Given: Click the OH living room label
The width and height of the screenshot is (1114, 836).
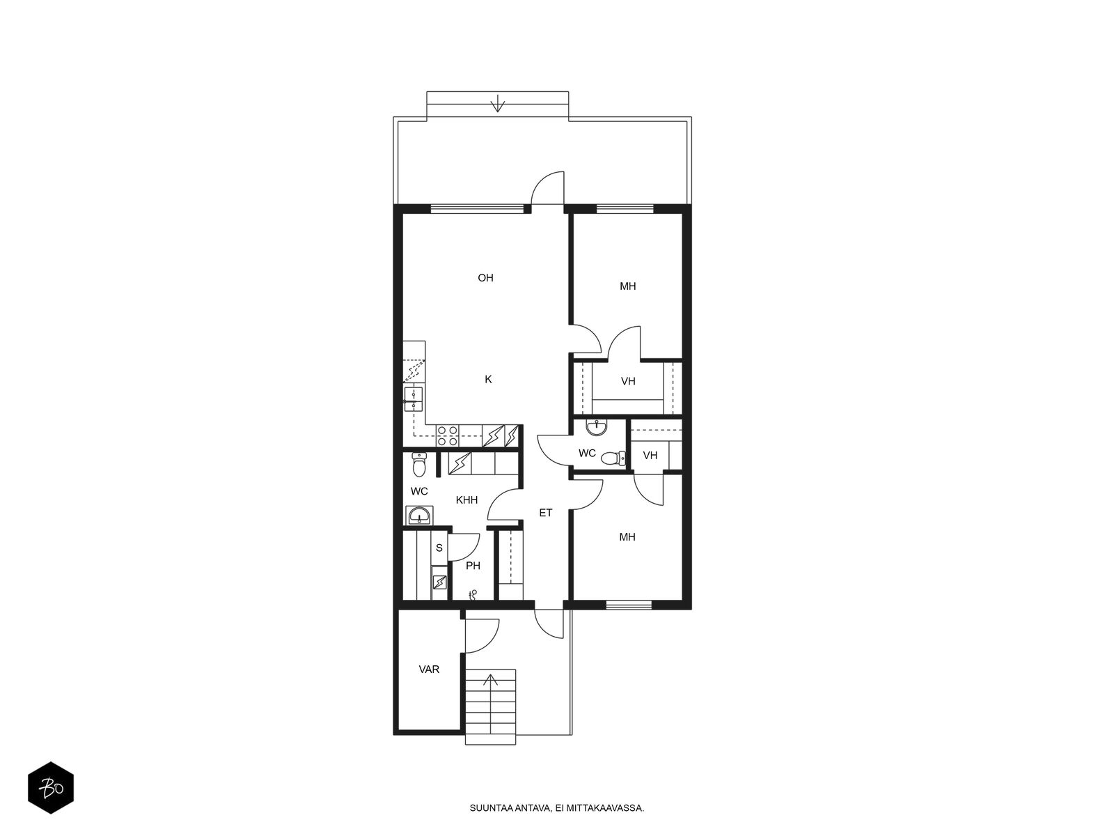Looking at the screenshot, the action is (x=485, y=278).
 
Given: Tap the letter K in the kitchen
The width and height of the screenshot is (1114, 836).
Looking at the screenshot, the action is (x=488, y=379).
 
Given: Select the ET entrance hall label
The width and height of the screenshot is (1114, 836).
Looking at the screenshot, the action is (x=545, y=513).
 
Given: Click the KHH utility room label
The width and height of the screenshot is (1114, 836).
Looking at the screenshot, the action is (x=466, y=500).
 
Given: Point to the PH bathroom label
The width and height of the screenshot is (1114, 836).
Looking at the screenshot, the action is (x=473, y=566).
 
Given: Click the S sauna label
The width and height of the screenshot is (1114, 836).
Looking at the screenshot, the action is (x=439, y=548).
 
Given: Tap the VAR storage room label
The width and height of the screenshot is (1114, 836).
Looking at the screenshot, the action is (x=429, y=669).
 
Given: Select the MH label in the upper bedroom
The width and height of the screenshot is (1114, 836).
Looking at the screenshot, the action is (x=628, y=286).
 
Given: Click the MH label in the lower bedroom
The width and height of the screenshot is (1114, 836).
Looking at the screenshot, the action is (x=627, y=537).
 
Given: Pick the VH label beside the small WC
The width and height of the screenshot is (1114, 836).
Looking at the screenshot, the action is (x=650, y=456).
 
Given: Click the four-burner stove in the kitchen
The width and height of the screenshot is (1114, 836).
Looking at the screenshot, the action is (x=447, y=436).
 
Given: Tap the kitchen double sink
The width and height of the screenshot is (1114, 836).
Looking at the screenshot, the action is (x=413, y=399).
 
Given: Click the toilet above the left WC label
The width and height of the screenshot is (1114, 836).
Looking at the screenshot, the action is (x=418, y=465).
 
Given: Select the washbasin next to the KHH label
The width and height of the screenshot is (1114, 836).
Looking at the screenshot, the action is (x=420, y=516).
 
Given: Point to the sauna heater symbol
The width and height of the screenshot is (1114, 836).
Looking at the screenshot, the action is (x=439, y=582).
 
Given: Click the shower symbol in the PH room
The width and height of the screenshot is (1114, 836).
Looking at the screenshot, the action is (x=473, y=594).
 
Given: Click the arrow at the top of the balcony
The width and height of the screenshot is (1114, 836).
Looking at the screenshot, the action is (x=498, y=103).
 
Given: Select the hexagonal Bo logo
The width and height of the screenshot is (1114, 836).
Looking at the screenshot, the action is (x=51, y=788).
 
